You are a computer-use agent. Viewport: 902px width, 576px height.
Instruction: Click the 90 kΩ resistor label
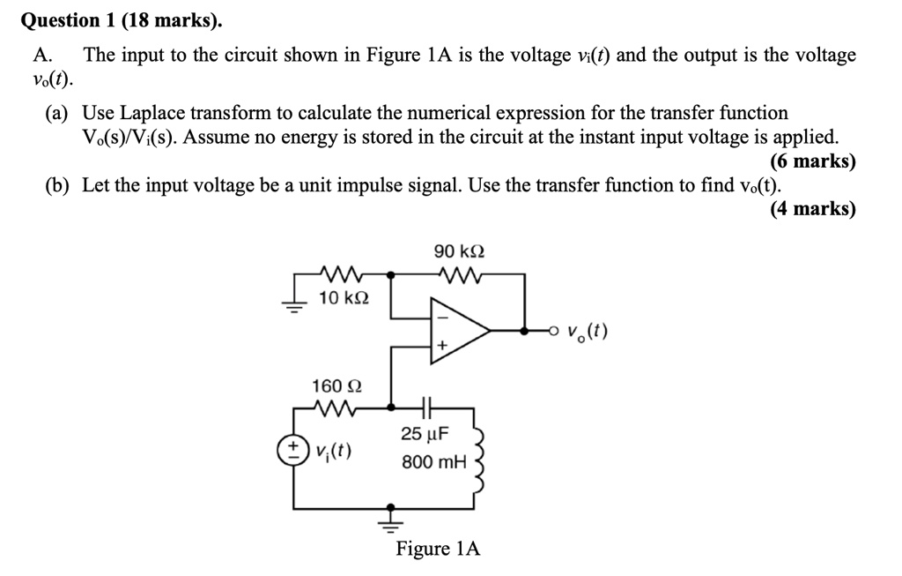point(459,252)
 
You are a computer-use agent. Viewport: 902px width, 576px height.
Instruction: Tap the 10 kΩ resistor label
point(344,298)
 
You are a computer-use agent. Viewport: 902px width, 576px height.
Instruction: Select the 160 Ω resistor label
point(336,385)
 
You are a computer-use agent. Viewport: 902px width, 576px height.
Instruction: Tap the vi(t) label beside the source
point(334,453)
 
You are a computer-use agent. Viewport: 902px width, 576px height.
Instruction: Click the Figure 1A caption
point(438,549)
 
